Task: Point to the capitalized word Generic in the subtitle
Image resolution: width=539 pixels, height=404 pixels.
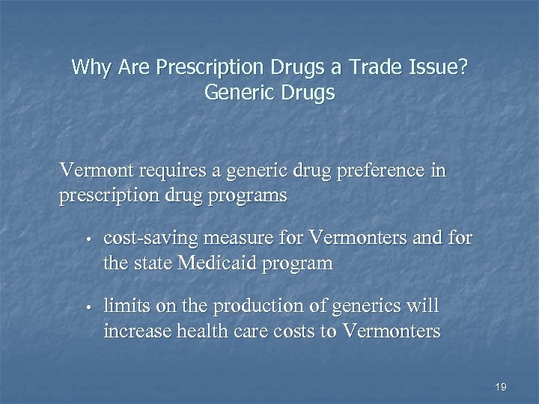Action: pyautogui.click(x=237, y=94)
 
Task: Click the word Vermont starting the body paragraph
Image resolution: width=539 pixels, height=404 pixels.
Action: pyautogui.click(x=91, y=171)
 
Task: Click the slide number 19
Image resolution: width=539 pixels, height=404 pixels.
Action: pyautogui.click(x=501, y=387)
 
